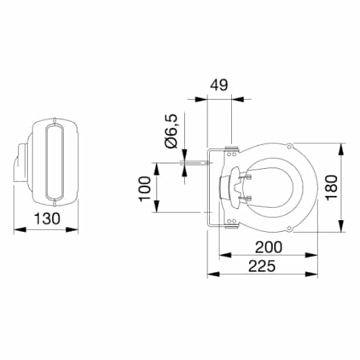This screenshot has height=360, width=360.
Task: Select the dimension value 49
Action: click(x=219, y=86)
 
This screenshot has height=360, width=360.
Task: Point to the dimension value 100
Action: click(x=145, y=188)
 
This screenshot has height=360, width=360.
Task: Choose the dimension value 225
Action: click(x=262, y=266)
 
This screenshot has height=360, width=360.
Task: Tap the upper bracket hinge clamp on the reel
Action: click(x=231, y=149)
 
